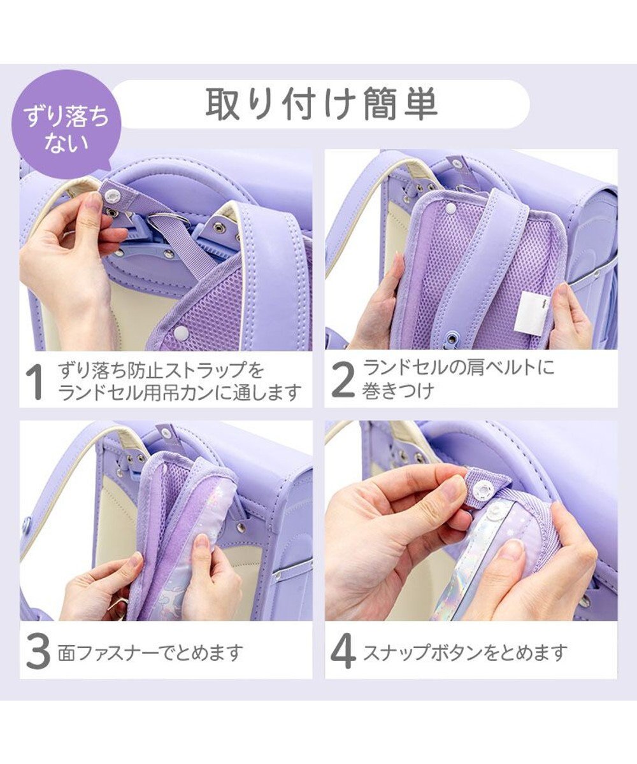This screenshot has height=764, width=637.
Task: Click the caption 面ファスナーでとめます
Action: pyautogui.click(x=150, y=653)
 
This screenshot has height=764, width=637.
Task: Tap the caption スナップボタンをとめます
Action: pyautogui.click(x=465, y=653)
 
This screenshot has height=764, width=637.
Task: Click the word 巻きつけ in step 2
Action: pyautogui.click(x=398, y=390)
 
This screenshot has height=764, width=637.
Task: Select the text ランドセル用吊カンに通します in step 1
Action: pyautogui.click(x=179, y=393)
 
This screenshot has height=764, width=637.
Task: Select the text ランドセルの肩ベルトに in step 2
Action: pyautogui.click(x=459, y=367)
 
